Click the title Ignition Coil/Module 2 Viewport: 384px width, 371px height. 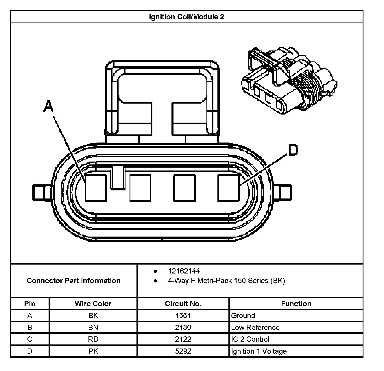(x=187, y=17)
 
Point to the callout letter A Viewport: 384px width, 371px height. (x=49, y=106)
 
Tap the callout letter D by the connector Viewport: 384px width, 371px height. (x=293, y=150)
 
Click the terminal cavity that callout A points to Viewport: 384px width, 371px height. (x=96, y=188)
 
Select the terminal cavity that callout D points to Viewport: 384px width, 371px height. (x=228, y=188)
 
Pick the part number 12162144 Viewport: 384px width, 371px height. (x=184, y=271)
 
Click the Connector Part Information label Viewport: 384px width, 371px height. (x=73, y=281)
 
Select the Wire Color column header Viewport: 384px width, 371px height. (x=93, y=304)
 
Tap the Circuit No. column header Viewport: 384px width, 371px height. (x=183, y=304)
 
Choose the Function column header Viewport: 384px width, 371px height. (x=296, y=304)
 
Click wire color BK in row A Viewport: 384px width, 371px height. (x=93, y=316)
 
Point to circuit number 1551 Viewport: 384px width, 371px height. (x=183, y=316)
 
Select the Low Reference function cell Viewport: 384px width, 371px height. (x=255, y=327)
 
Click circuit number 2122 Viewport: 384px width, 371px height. (x=183, y=339)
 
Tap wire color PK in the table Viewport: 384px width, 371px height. (x=93, y=351)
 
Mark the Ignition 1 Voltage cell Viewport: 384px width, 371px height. (x=259, y=351)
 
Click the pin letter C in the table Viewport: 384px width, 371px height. (x=30, y=339)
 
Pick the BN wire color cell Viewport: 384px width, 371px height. (x=93, y=327)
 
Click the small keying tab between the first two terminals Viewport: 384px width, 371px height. (x=118, y=177)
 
